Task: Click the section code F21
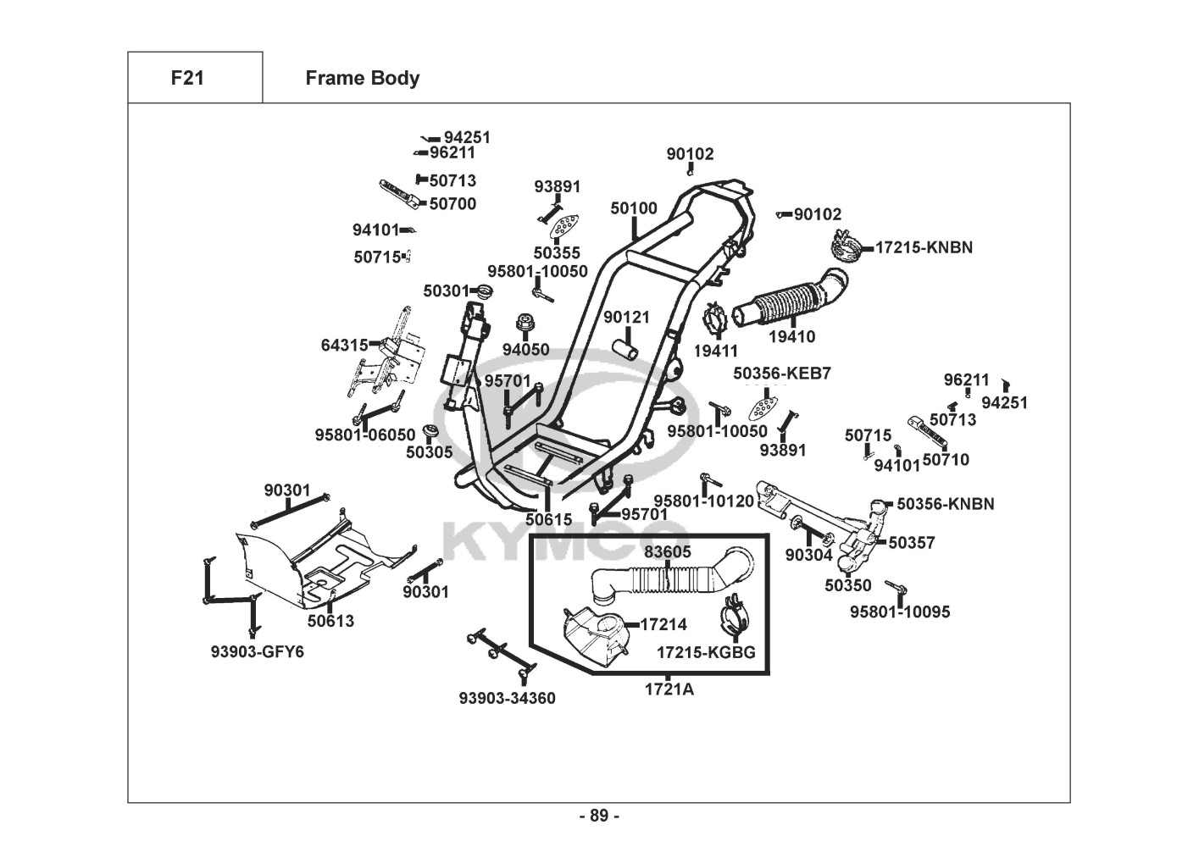point(186,78)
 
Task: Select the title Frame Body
point(362,78)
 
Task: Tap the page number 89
point(599,816)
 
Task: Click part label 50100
point(634,208)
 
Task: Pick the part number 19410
point(791,337)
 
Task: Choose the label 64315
point(344,345)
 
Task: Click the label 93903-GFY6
point(257,652)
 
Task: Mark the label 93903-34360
point(508,698)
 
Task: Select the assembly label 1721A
point(669,689)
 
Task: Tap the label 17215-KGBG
point(706,653)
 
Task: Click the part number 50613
point(330,621)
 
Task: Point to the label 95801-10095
point(900,612)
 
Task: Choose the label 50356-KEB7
point(782,374)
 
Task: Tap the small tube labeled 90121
point(628,346)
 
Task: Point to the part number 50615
point(548,519)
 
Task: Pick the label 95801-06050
point(365,435)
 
